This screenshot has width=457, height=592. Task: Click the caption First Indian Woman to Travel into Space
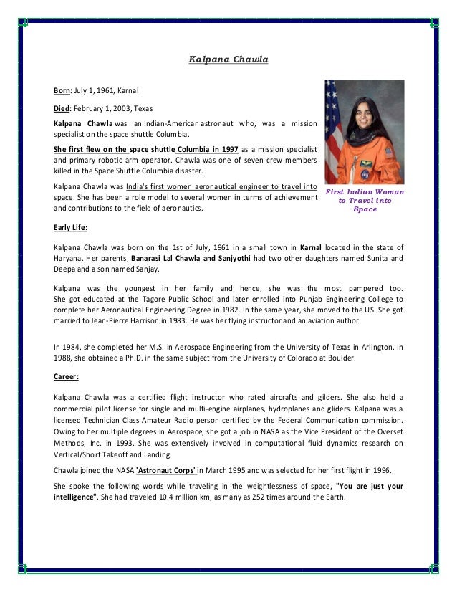[365, 201]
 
